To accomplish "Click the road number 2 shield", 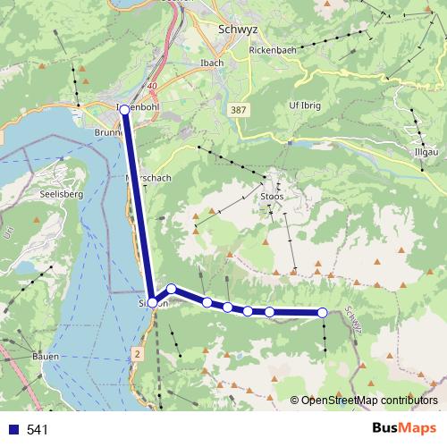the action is pyautogui.click(x=137, y=355).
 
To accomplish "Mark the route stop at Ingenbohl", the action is pyautogui.click(x=124, y=109).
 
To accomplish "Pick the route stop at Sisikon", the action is pyautogui.click(x=153, y=302).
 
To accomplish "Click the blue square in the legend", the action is pyautogui.click(x=13, y=430).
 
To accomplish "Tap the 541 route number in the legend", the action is pyautogui.click(x=38, y=430).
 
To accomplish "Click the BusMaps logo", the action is pyautogui.click(x=404, y=429).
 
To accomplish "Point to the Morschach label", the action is pyautogui.click(x=149, y=178).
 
